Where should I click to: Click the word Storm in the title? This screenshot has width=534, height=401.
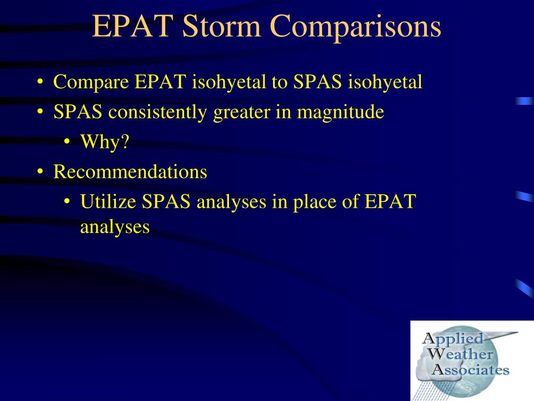221,26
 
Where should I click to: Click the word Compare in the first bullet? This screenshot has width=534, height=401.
91,82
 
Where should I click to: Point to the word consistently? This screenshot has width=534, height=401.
157,112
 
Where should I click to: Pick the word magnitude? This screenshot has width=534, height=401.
341,113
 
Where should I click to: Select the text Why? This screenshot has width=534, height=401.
104,142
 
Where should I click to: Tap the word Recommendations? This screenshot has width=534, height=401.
130,171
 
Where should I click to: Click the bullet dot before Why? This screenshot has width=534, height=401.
67,141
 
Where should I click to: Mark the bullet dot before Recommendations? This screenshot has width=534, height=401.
40,171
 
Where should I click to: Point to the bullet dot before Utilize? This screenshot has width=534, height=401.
67,201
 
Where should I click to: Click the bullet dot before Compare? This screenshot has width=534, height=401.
40,82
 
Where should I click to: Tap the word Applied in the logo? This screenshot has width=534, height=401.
453,339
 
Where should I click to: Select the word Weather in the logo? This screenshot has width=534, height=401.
460,355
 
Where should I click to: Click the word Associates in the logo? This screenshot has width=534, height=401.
470,370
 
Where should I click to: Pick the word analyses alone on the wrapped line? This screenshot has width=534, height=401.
115,227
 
